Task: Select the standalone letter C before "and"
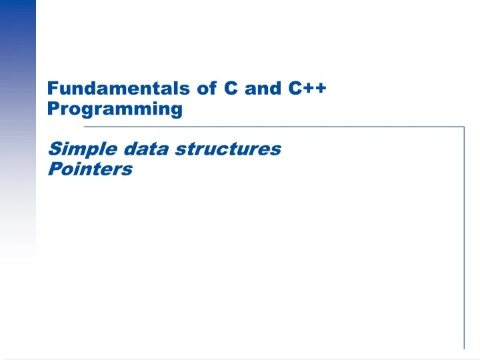(x=233, y=88)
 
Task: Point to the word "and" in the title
(x=263, y=88)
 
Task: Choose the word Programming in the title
(x=115, y=109)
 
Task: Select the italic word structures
(x=228, y=149)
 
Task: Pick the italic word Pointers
(x=91, y=169)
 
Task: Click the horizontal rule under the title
(x=267, y=126)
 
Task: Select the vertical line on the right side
(x=464, y=233)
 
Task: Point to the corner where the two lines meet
(x=464, y=126)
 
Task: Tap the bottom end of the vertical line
(x=464, y=347)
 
